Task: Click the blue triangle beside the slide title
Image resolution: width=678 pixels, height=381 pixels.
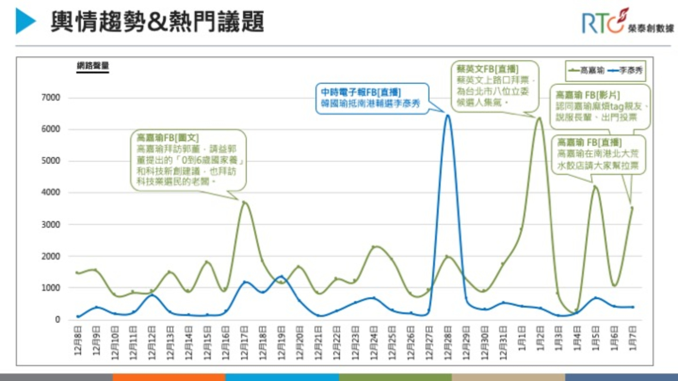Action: (x=25, y=21)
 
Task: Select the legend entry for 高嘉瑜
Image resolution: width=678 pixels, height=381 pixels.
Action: (x=586, y=71)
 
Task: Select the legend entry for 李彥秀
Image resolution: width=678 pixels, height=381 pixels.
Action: (x=626, y=71)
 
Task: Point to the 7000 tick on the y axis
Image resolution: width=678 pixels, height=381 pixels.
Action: (x=52, y=98)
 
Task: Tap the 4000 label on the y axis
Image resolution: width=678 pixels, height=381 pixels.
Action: (x=52, y=192)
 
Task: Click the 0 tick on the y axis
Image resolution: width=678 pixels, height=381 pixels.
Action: (x=57, y=320)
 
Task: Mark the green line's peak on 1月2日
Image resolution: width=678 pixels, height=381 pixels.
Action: (x=540, y=118)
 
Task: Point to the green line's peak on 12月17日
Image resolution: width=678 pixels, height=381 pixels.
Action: (x=244, y=202)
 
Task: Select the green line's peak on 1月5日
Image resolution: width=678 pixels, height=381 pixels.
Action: (x=595, y=187)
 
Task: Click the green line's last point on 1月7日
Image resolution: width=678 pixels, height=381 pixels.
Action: (x=632, y=207)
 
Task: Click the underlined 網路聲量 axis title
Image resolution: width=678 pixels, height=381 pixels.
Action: (x=93, y=66)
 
